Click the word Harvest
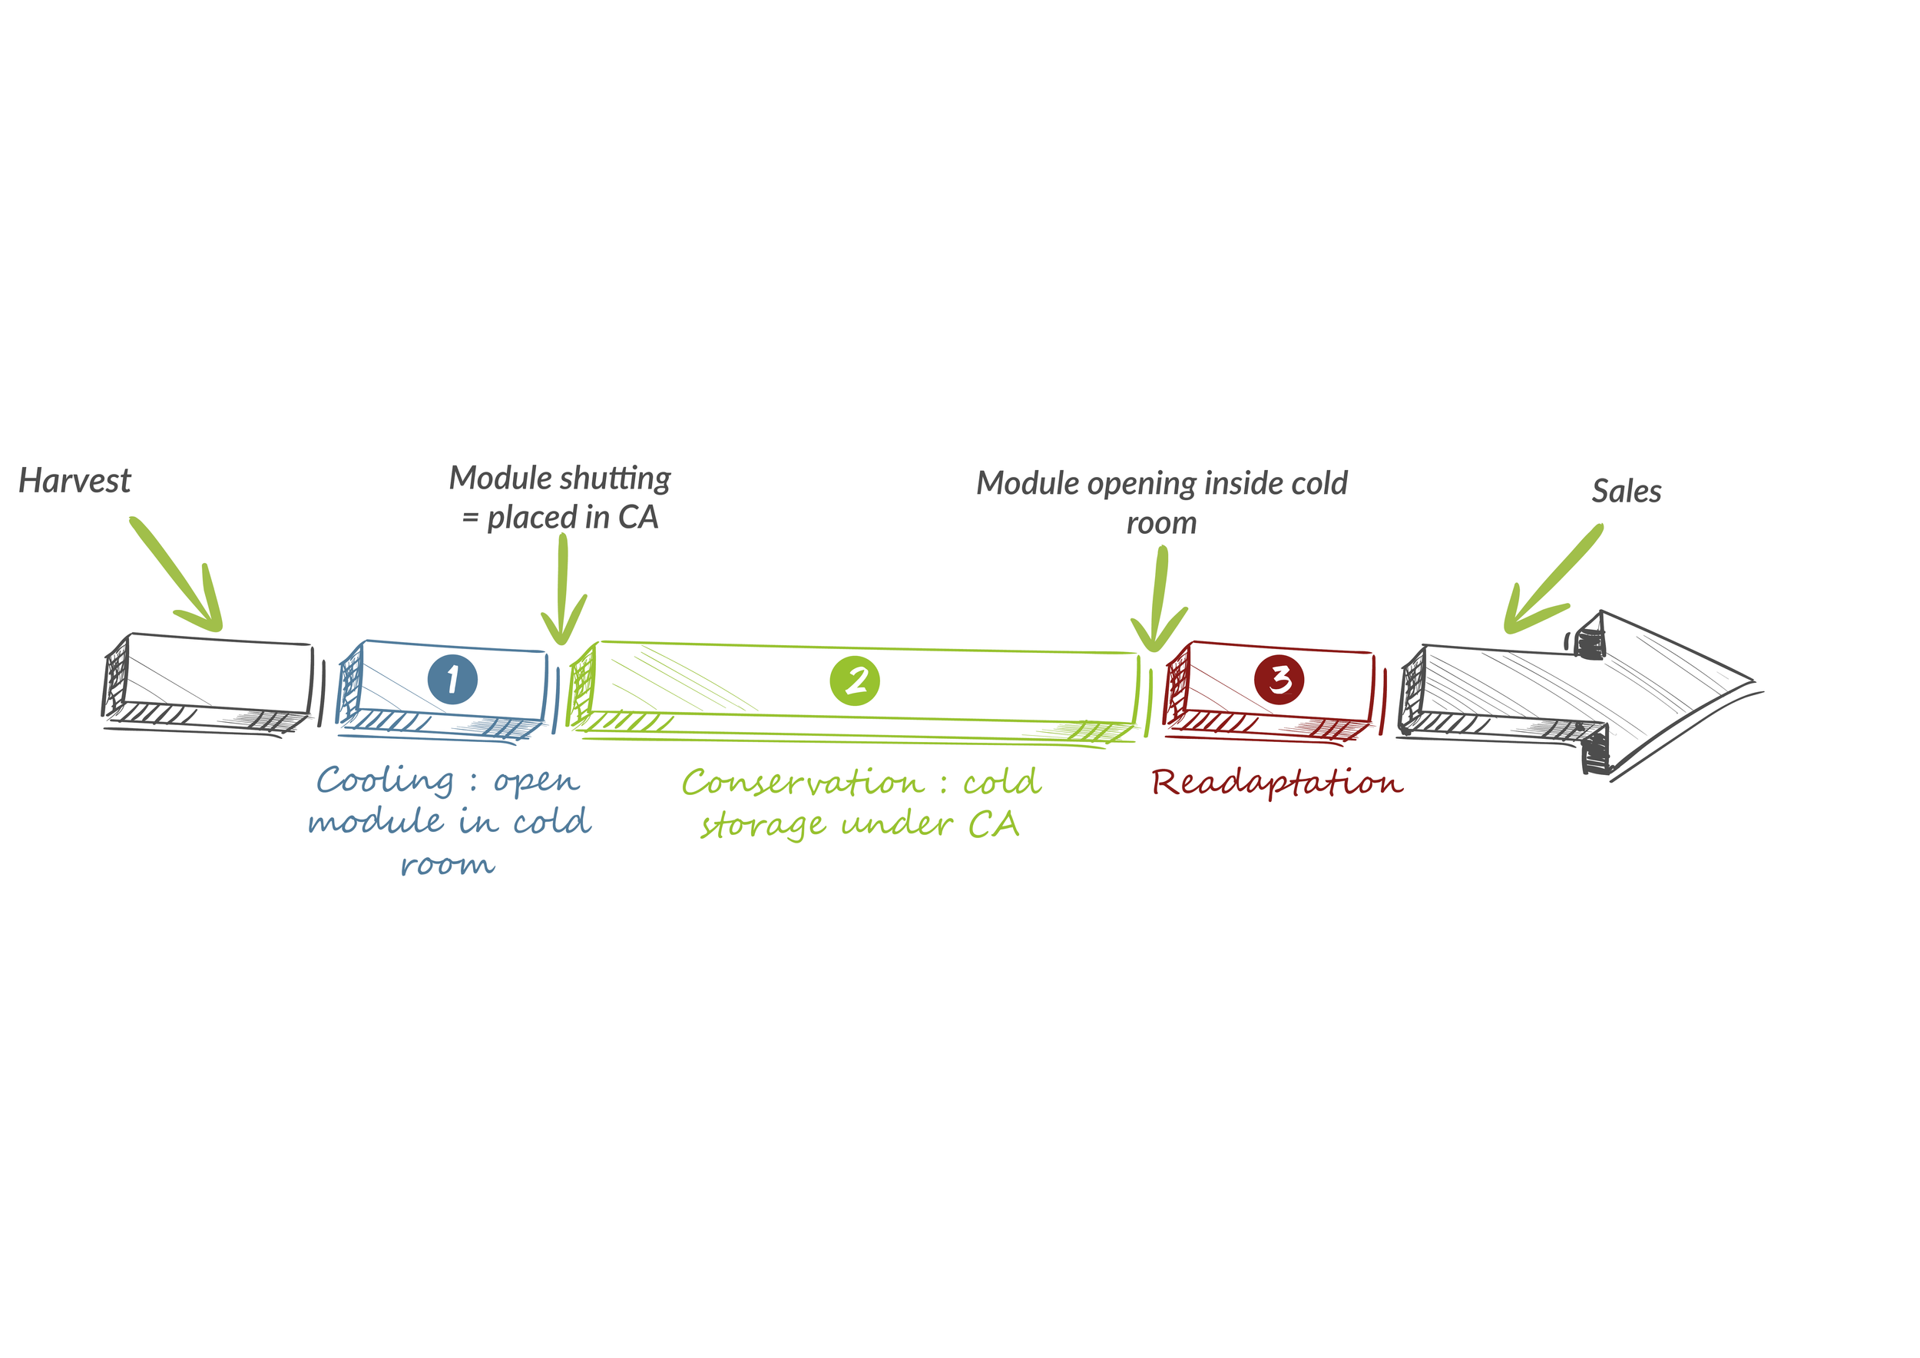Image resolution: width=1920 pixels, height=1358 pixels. [74, 482]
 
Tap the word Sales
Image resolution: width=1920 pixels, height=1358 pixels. [1626, 492]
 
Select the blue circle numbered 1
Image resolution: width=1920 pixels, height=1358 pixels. [452, 679]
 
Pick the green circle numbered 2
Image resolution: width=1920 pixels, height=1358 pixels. [855, 681]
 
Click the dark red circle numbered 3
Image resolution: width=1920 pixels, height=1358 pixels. [1279, 679]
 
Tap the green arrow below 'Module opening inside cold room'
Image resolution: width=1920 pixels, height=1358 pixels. [1159, 602]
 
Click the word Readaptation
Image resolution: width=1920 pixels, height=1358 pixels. [1277, 783]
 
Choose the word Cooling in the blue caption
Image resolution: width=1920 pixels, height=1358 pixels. [385, 781]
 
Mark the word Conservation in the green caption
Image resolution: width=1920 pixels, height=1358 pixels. [803, 783]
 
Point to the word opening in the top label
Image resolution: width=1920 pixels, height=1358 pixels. [1142, 484]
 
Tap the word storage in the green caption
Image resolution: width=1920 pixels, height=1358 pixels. [763, 826]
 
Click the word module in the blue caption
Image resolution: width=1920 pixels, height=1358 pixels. [376, 823]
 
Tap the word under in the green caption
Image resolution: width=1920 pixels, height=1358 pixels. [896, 826]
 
